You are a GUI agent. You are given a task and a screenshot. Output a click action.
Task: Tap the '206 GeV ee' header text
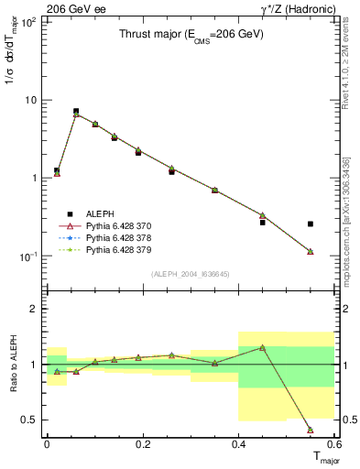(75, 8)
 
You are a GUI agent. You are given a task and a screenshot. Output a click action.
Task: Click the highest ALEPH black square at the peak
(76, 111)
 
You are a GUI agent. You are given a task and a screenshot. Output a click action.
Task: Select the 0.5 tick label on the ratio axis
(31, 420)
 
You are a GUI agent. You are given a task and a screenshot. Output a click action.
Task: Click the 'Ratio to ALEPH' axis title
(12, 364)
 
